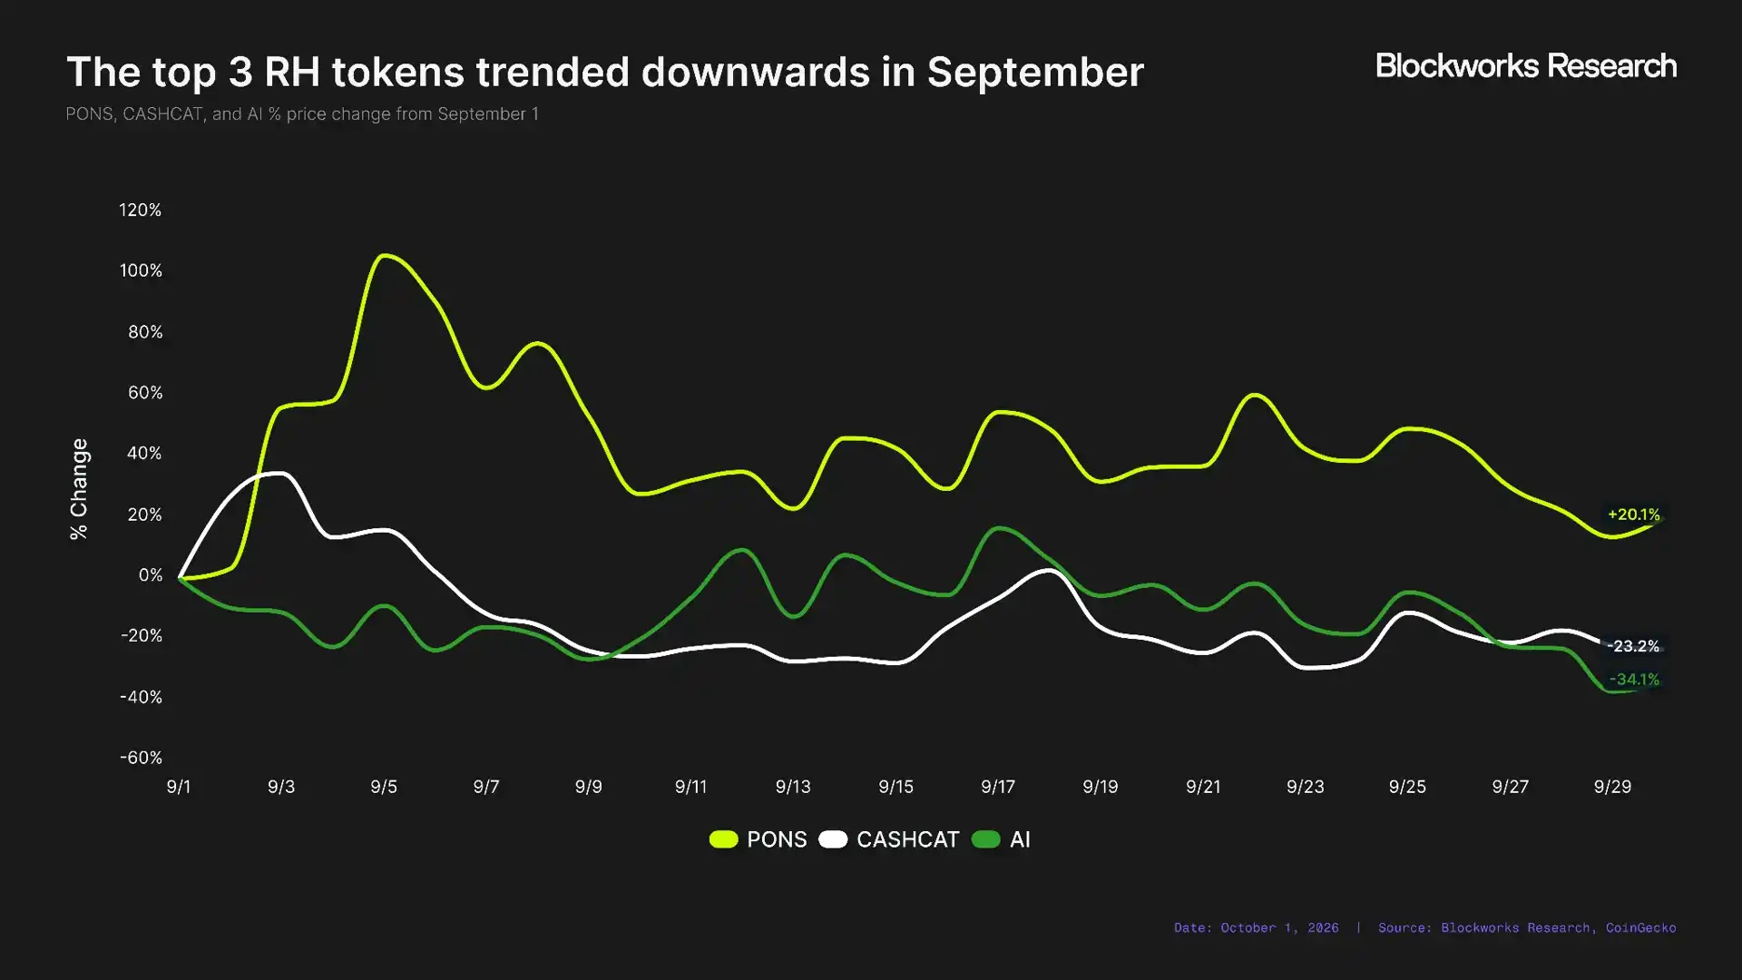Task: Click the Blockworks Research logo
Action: (x=1526, y=66)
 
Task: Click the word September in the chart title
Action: (x=1035, y=73)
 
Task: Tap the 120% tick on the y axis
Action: (x=141, y=210)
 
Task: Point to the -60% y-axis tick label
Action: (x=141, y=758)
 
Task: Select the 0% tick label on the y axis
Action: (x=151, y=575)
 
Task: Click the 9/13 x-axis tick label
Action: (x=793, y=787)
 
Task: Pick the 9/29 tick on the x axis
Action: (x=1612, y=787)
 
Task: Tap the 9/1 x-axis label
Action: (x=179, y=787)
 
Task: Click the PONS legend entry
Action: (x=758, y=839)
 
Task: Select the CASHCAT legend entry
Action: (x=889, y=839)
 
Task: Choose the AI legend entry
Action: (x=1001, y=839)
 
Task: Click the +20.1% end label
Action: (x=1634, y=514)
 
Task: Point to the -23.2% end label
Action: (x=1633, y=646)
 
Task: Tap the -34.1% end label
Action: (x=1634, y=680)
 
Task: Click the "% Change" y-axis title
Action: (x=79, y=489)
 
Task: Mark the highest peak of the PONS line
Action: (x=385, y=256)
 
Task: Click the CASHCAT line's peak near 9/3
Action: (x=277, y=473)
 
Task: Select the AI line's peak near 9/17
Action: (x=999, y=528)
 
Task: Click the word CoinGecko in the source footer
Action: (x=1640, y=928)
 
